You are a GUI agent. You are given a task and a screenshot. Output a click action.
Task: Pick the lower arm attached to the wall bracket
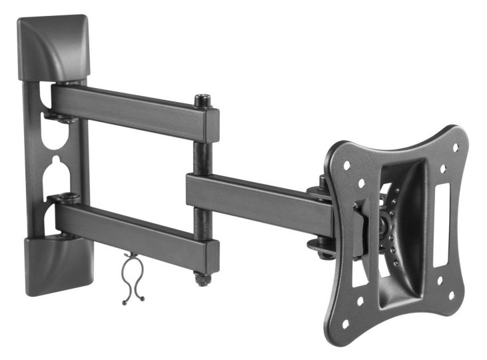133,230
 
